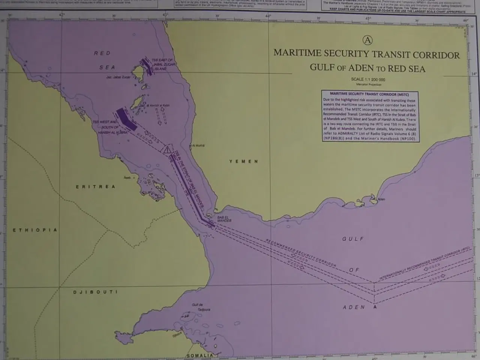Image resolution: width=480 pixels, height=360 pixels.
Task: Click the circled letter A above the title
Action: [368, 40]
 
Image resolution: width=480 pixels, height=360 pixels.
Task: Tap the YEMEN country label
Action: [244, 161]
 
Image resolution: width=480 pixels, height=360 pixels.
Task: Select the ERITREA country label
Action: [96, 187]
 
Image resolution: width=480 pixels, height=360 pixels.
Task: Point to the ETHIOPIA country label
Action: [35, 230]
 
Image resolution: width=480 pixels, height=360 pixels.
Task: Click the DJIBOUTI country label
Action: [95, 292]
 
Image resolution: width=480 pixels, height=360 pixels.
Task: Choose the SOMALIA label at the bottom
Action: [200, 355]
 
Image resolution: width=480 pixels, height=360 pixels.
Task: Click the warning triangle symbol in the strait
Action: [167, 150]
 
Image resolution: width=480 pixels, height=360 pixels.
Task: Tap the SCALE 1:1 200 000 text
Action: [368, 79]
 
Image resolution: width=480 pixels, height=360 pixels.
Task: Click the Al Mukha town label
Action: [198, 145]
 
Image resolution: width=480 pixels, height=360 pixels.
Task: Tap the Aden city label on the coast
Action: [381, 199]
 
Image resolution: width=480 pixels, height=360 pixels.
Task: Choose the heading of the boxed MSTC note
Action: [369, 94]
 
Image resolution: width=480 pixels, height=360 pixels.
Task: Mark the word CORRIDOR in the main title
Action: [436, 55]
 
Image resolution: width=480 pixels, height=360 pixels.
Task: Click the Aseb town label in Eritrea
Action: [127, 177]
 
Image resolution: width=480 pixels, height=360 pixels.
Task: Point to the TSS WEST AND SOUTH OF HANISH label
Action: [109, 127]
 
